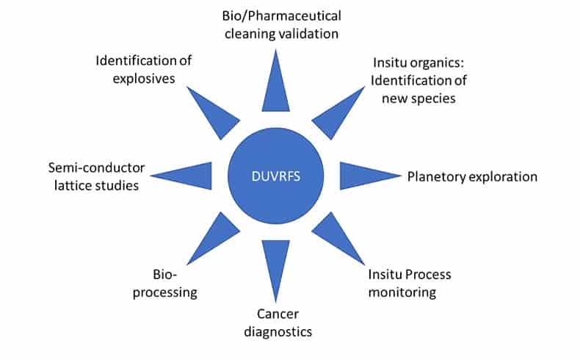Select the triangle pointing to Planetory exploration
click(x=364, y=176)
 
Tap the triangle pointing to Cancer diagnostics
click(x=276, y=264)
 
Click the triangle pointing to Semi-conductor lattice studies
click(x=188, y=176)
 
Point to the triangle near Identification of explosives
click(x=210, y=110)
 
